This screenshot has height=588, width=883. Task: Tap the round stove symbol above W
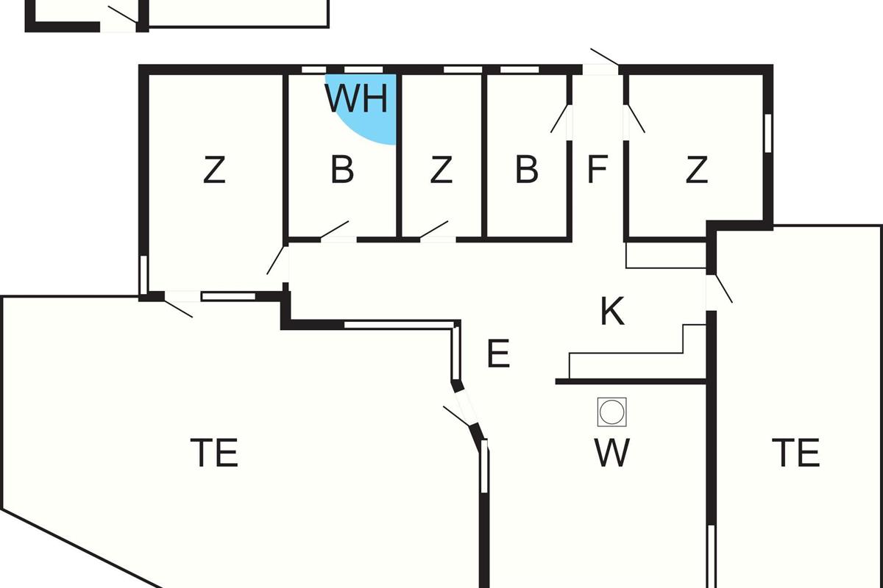611,412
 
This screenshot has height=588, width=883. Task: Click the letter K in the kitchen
612,312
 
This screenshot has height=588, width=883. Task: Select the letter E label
498,354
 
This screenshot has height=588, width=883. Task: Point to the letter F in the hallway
597,170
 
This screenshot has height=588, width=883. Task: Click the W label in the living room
611,453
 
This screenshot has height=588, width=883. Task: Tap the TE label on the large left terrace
214,452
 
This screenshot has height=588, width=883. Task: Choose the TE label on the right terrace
795,452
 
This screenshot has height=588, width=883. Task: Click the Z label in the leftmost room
213,171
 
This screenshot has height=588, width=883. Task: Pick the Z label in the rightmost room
696,171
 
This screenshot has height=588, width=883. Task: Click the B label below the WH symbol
342,171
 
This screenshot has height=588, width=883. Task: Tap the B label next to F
526,171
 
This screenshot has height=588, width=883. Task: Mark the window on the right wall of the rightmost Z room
767,133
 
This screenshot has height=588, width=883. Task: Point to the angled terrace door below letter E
461,409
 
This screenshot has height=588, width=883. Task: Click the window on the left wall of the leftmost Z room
143,274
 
